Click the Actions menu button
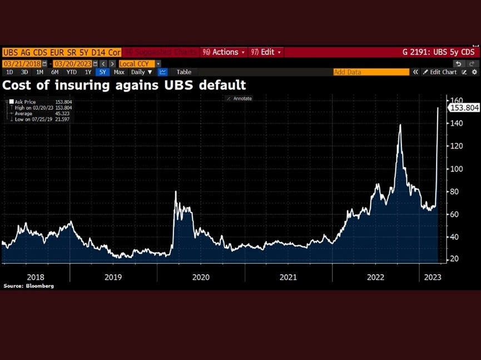(x=222, y=52)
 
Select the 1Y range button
(x=88, y=72)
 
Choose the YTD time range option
(x=71, y=72)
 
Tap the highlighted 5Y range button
(x=102, y=72)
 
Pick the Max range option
(x=119, y=72)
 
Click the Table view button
(x=184, y=72)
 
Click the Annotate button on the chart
(x=239, y=98)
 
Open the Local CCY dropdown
(x=140, y=64)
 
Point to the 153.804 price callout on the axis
(x=464, y=108)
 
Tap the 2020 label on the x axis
(x=200, y=277)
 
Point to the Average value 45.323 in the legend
(x=56, y=114)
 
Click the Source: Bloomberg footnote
(x=28, y=286)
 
